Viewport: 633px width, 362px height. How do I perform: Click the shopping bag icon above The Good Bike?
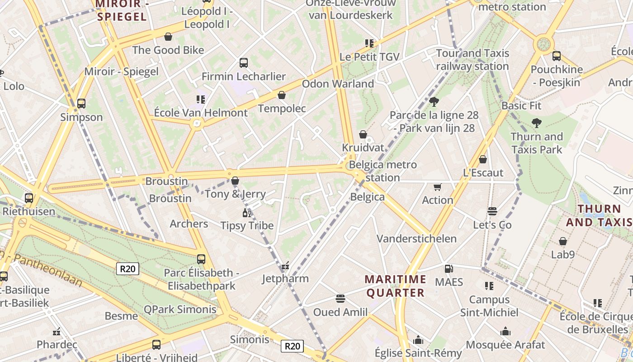pos(168,37)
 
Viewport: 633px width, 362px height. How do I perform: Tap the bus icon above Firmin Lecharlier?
pos(244,63)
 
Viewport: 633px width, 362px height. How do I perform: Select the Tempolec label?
pos(282,109)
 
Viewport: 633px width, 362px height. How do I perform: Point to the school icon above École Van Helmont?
pos(201,99)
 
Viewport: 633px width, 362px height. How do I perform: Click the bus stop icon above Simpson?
pos(81,104)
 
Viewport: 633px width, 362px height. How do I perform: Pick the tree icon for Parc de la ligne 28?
pos(434,101)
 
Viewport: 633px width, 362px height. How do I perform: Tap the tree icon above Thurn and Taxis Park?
pos(537,123)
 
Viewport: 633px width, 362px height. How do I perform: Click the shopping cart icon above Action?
pos(437,187)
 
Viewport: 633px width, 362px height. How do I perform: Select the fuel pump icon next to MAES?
pos(449,269)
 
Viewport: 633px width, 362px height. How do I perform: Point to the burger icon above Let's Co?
pos(492,211)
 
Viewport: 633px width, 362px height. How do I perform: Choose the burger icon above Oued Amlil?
pos(340,299)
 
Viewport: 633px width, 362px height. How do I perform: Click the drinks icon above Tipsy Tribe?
pos(247,213)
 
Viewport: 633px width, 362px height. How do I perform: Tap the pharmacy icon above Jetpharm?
pos(285,266)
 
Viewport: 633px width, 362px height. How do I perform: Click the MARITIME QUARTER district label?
pos(396,286)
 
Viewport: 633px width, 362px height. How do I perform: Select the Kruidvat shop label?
pos(363,148)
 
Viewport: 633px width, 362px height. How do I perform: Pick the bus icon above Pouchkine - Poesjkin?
pos(557,56)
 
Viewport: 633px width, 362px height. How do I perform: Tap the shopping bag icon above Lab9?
pos(563,241)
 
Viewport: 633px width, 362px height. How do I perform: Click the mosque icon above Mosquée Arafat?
pos(505,332)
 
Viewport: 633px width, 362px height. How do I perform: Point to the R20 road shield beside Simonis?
pos(292,346)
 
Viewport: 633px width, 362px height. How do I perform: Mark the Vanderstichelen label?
pos(417,238)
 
